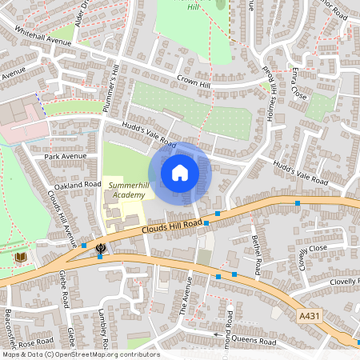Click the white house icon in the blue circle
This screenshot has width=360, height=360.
coord(180,172)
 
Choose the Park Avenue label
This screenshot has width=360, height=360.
coord(65,156)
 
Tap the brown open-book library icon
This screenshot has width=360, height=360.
coord(21,258)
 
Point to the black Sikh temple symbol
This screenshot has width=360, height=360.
coord(101,249)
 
